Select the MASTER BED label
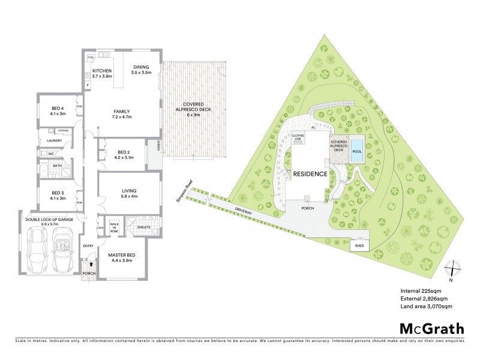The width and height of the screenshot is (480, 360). tap(122, 256)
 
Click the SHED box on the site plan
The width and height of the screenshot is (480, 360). tap(359, 246)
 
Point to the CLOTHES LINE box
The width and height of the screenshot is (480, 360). tap(298, 137)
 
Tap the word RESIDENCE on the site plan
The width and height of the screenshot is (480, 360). tap(310, 174)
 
